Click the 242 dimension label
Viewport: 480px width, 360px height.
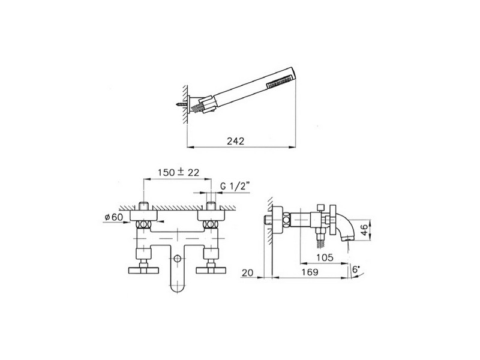tap(235, 141)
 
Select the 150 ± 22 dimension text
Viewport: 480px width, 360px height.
tap(178, 172)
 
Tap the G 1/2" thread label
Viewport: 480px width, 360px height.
tap(235, 186)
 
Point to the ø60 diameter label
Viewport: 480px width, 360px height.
tap(113, 217)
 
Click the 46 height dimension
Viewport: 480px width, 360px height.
tap(364, 230)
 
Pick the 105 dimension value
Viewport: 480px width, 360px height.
tap(325, 257)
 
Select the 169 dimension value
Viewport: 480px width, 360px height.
tap(310, 272)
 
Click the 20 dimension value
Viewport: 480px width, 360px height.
tap(247, 272)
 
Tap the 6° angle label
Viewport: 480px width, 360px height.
tap(356, 269)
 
